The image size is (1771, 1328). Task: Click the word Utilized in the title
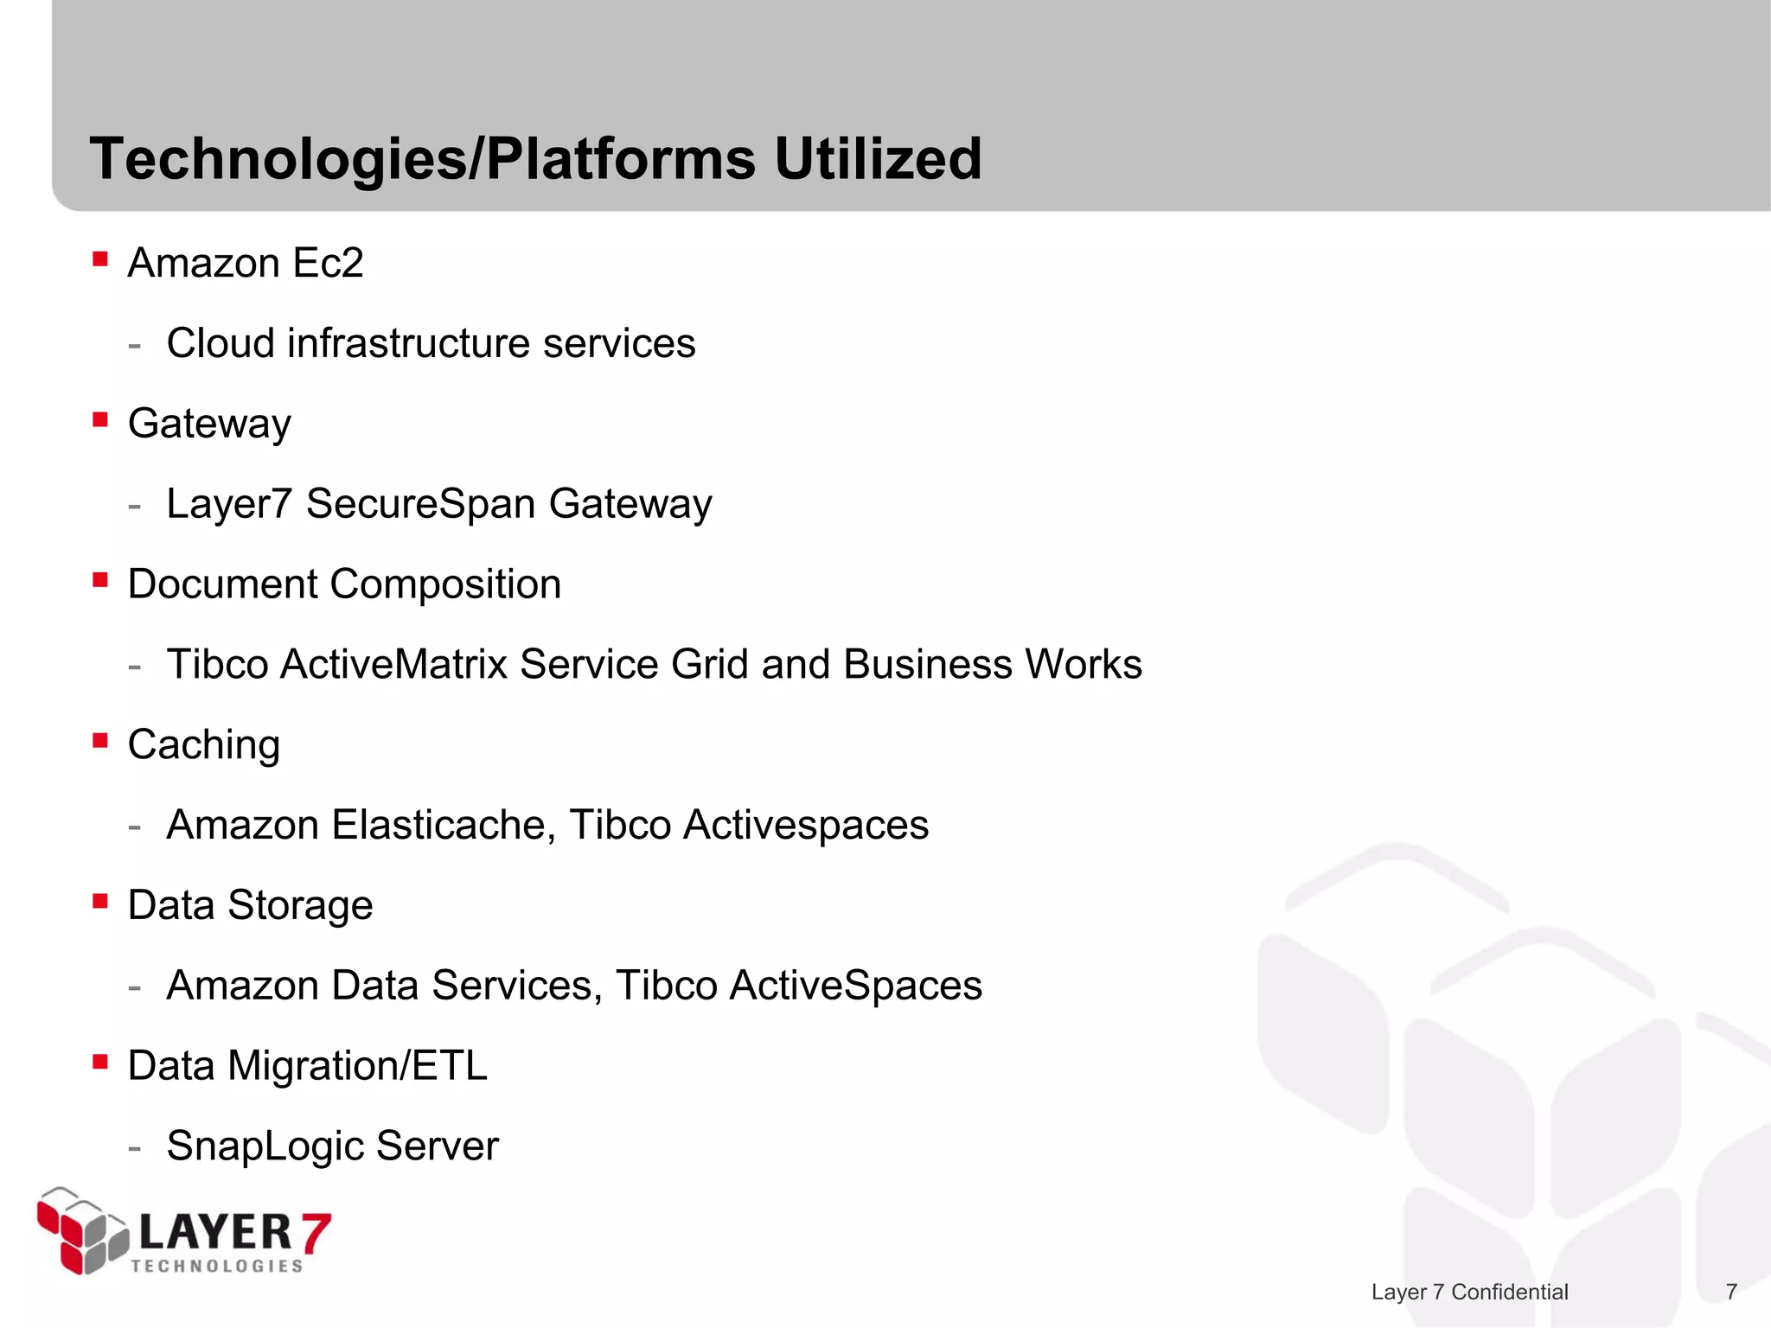[878, 159]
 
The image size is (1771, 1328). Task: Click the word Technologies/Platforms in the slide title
[423, 161]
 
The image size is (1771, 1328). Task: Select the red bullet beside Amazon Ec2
[100, 259]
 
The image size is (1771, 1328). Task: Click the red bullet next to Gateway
[100, 419]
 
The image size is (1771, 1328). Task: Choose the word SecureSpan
[420, 503]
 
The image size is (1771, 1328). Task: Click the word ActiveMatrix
[393, 664]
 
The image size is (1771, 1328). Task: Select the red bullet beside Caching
[100, 740]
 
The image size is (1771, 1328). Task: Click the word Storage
[300, 906]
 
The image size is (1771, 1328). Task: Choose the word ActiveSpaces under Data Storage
[855, 986]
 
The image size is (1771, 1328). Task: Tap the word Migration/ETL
[357, 1066]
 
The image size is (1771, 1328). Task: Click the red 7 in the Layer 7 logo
[315, 1232]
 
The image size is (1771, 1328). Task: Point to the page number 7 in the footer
[1731, 1292]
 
